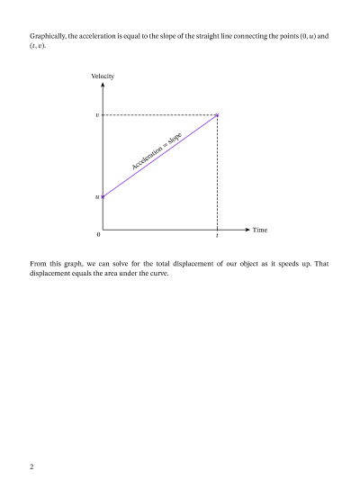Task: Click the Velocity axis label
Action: pos(103,76)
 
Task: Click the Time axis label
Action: pos(259,230)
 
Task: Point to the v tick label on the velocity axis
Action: pos(97,115)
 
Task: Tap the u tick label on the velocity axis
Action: pos(97,195)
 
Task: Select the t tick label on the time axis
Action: pos(217,236)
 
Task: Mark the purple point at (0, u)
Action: pos(103,195)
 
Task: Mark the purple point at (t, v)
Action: pos(217,115)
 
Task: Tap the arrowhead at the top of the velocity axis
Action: pos(103,86)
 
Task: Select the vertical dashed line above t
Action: pos(217,171)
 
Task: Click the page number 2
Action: pos(31,466)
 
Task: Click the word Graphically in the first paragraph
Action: pos(48,35)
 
